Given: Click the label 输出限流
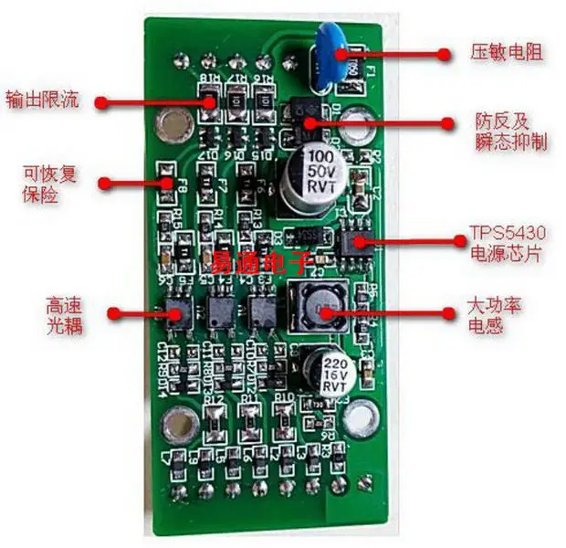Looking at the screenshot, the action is point(42,99).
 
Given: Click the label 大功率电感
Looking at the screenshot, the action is point(498,314).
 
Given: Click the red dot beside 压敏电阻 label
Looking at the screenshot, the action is point(445,53).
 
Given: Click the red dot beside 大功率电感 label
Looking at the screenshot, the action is point(447,312).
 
